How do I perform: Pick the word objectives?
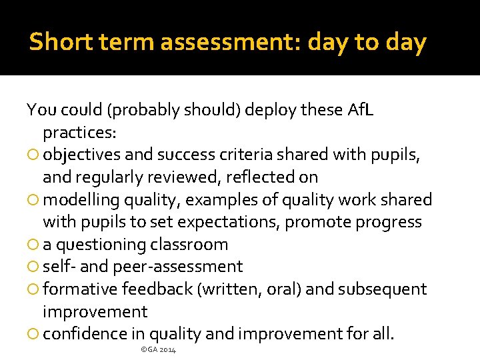tap(82, 155)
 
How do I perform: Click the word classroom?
tap(189, 245)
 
